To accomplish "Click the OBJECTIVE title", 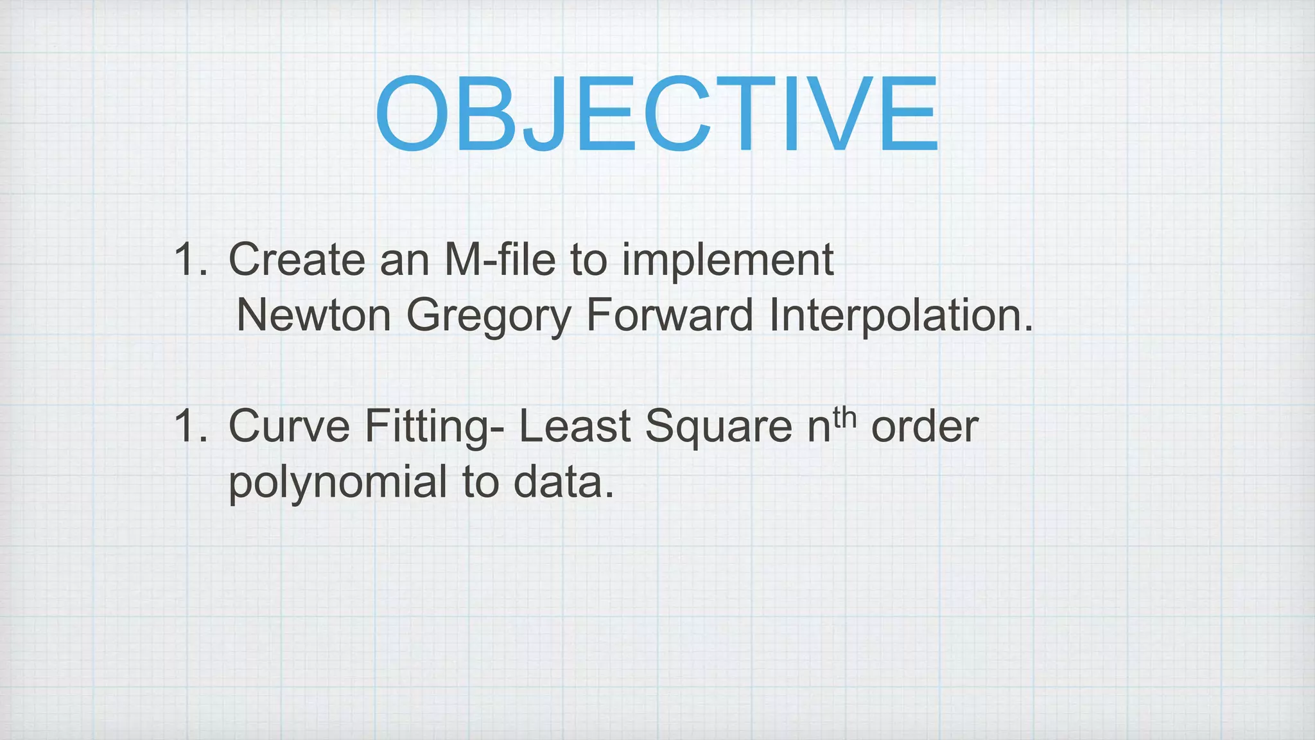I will pos(656,114).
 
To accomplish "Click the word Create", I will pos(297,260).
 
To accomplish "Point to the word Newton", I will pos(313,316).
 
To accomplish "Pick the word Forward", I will pos(669,316).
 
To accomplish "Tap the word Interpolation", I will pos(900,316).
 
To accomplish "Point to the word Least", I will pos(574,427).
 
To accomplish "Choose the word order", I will pos(925,427).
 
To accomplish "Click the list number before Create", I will pos(190,260).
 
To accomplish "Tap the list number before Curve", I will pos(190,427).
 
